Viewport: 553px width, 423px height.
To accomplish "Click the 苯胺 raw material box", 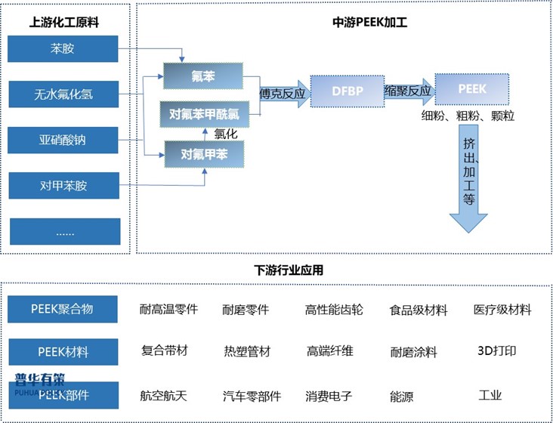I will point(63,50).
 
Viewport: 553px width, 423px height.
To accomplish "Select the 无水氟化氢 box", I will point(63,95).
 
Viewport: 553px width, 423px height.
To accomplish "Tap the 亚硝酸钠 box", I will point(63,140).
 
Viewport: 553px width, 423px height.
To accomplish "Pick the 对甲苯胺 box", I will point(63,185).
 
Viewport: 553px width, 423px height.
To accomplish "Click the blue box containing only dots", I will point(63,231).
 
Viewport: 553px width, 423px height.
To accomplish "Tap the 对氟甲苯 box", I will point(202,155).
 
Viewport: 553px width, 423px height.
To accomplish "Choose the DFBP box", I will point(347,91).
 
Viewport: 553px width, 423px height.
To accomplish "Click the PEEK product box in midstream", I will point(472,89).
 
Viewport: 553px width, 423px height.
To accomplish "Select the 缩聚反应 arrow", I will point(408,92).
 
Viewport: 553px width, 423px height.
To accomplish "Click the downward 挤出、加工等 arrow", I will point(469,181).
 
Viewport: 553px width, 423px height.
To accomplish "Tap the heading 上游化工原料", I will point(63,22).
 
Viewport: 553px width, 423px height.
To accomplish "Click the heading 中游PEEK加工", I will point(369,22).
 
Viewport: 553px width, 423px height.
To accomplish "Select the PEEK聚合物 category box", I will point(63,309).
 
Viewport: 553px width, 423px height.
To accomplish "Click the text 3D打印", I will point(496,350).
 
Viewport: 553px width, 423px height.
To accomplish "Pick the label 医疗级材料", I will point(502,310).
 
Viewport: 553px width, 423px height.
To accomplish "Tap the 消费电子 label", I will point(328,395).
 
